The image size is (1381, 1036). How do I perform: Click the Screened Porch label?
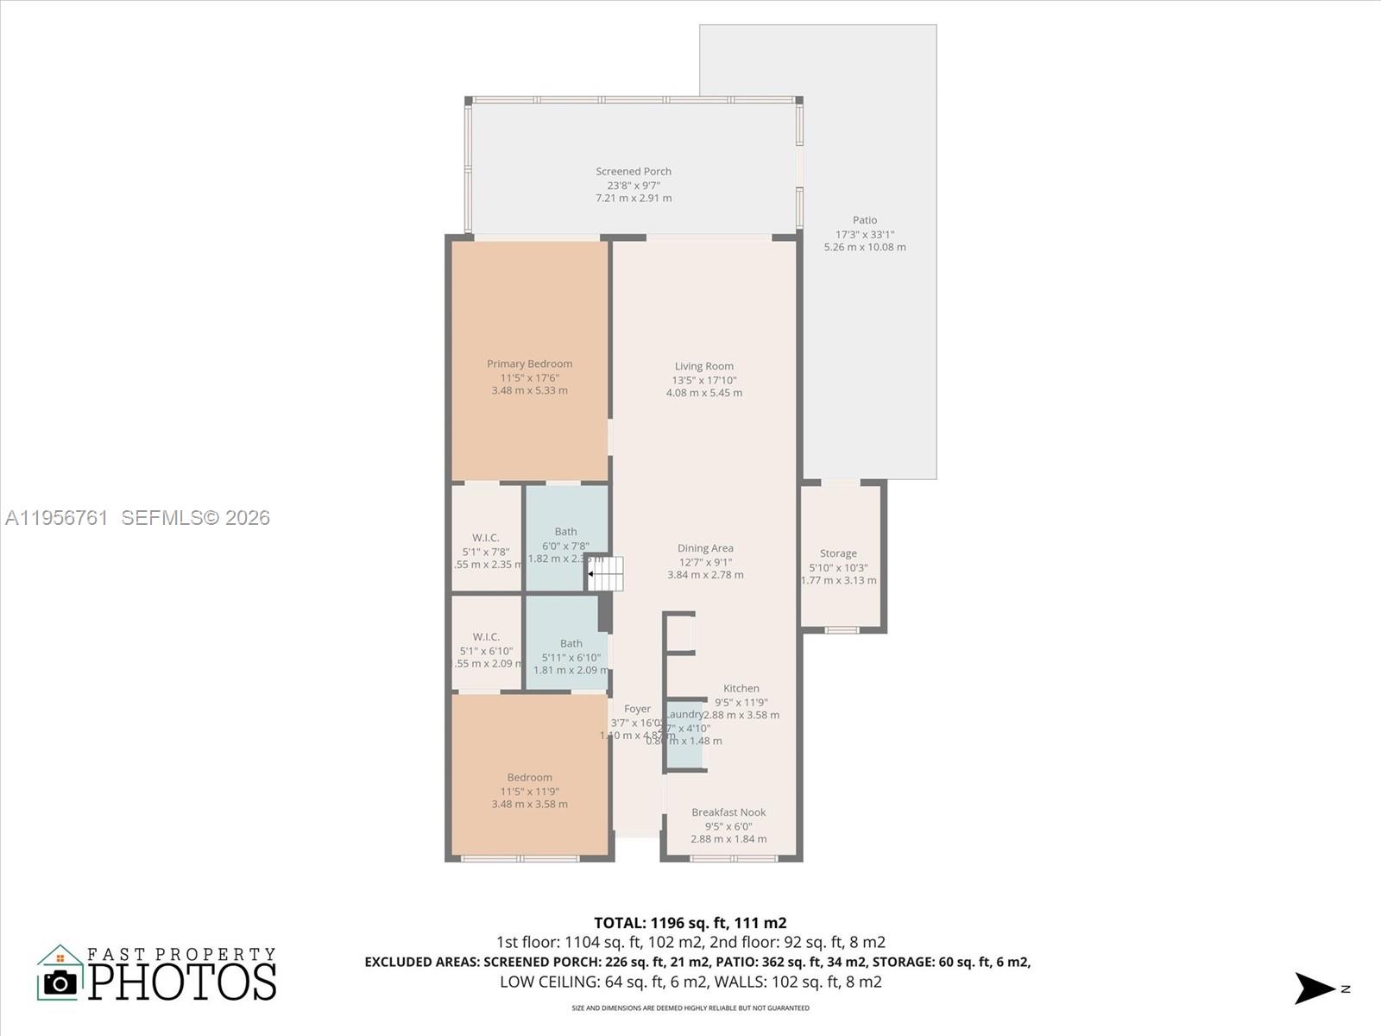634,172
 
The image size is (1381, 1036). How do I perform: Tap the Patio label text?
865,221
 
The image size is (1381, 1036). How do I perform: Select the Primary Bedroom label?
529,364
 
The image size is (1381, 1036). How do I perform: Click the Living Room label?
704,367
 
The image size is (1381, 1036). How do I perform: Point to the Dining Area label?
705,548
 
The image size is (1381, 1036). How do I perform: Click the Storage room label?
838,554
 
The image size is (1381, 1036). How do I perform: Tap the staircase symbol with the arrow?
605,574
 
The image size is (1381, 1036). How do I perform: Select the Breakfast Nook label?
728,812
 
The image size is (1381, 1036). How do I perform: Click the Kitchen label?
741,689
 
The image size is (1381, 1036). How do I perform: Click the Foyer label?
637,710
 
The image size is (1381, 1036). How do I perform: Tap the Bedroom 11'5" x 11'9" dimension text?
529,792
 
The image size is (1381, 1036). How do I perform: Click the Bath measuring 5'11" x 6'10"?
570,656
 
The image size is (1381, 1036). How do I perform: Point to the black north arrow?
1314,989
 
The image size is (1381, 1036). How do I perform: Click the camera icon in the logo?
60,982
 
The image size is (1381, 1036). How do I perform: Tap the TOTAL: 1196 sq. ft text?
690,923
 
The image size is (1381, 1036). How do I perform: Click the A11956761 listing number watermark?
57,518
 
